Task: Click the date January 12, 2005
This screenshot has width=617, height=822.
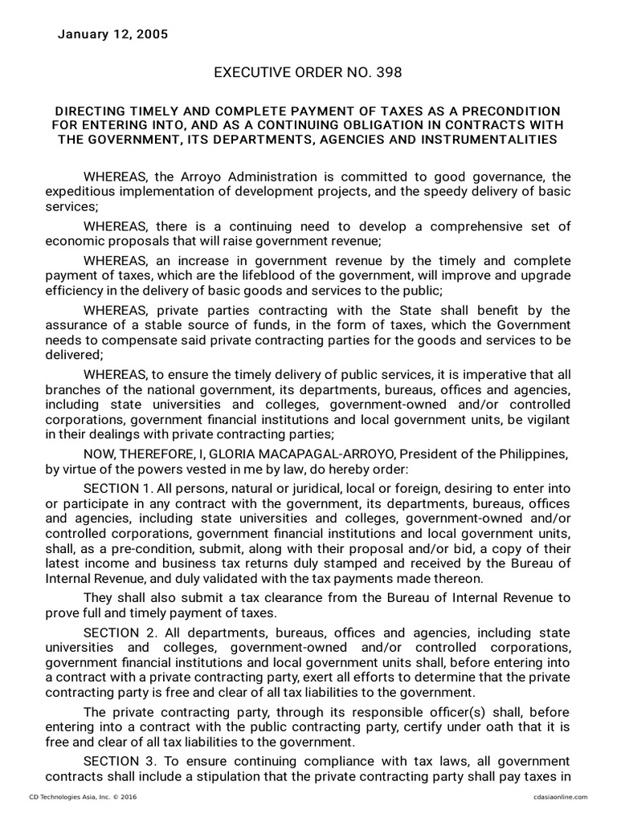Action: pyautogui.click(x=112, y=35)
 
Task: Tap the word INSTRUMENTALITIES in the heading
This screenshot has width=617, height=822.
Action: pyautogui.click(x=494, y=140)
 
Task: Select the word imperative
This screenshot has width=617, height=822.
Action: pyautogui.click(x=492, y=376)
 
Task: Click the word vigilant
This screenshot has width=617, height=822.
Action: pyautogui.click(x=547, y=418)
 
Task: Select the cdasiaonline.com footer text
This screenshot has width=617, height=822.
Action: pyautogui.click(x=560, y=797)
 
